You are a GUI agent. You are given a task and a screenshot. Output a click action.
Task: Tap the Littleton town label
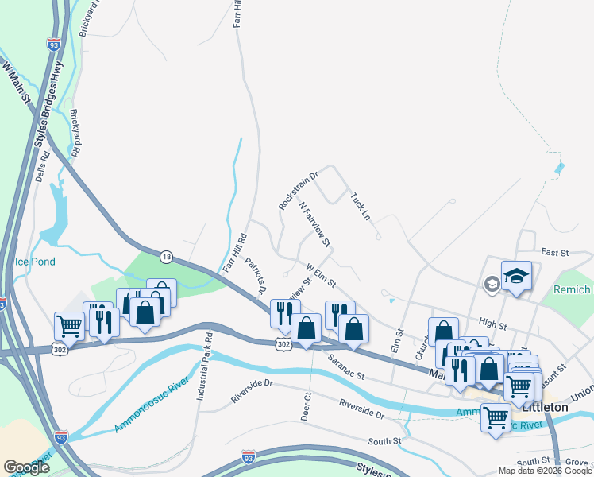tap(546, 406)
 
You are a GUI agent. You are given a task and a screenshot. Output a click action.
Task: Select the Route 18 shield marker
tap(166, 256)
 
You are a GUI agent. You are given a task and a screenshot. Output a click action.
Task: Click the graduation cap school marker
tap(517, 276)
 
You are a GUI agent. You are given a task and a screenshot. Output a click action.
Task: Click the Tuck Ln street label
tap(360, 204)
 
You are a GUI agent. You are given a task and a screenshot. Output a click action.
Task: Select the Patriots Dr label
tap(256, 274)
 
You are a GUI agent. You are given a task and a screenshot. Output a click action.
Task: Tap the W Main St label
tap(17, 84)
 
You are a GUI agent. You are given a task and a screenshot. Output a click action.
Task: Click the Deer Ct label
tap(306, 406)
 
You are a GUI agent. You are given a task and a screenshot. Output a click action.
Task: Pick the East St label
tap(555, 252)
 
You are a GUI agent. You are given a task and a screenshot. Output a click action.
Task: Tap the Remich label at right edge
tap(573, 290)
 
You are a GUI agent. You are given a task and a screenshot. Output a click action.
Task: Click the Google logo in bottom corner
tap(26, 467)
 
